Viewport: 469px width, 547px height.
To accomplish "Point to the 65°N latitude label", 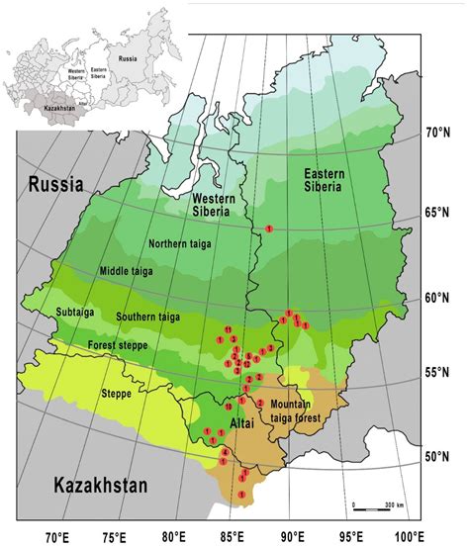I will tap(438, 213).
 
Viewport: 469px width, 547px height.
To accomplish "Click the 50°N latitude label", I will tap(438, 457).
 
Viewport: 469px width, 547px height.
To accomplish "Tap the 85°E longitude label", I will tap(231, 537).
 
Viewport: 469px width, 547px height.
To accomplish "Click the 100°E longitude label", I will tap(409, 537).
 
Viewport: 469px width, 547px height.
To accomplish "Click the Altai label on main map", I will tap(241, 422).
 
